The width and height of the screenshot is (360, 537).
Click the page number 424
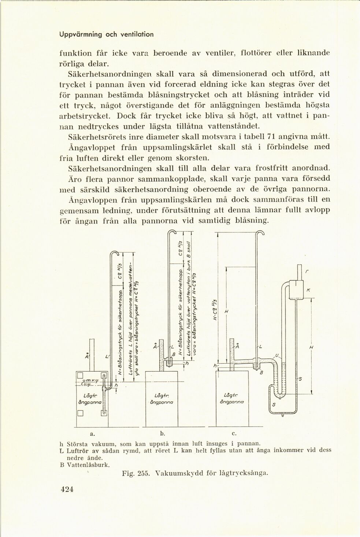67,489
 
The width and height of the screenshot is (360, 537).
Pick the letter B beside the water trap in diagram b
174,354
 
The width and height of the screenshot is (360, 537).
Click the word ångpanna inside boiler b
161,402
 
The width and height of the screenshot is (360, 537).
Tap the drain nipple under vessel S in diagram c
282,415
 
